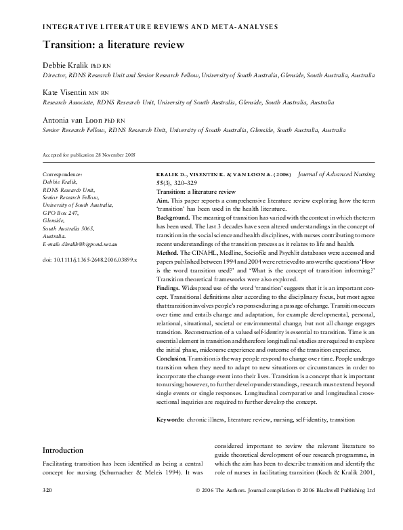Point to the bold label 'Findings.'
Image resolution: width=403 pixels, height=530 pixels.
click(x=170, y=287)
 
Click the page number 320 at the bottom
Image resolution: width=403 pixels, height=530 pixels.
click(x=47, y=507)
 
